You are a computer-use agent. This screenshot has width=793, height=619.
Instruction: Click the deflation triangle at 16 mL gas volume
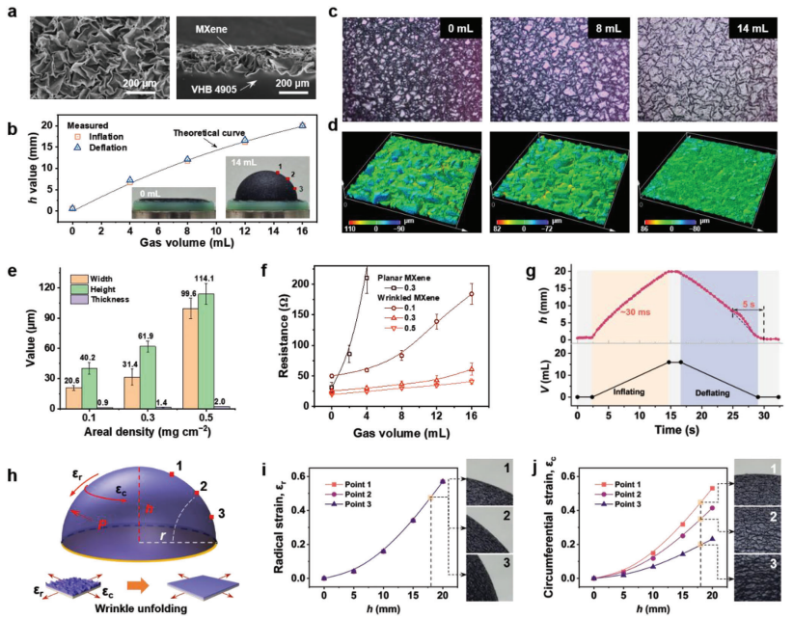tap(302, 125)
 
